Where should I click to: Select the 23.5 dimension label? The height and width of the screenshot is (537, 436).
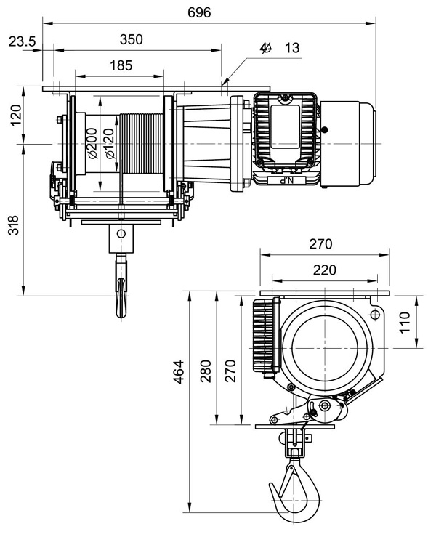(x=22, y=42)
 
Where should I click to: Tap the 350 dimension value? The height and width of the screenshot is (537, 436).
(x=132, y=39)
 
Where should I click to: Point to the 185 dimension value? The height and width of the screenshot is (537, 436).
(x=121, y=65)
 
